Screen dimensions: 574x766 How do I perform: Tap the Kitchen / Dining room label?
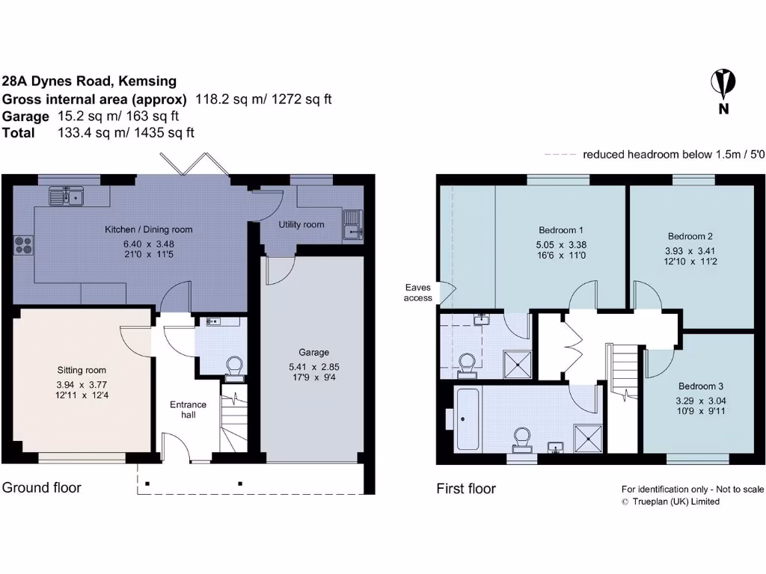pos(148,229)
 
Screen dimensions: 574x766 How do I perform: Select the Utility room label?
pos(301,224)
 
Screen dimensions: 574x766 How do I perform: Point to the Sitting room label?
pos(82,370)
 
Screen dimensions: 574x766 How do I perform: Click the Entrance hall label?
pos(188,409)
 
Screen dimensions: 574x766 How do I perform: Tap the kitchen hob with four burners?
pos(22,244)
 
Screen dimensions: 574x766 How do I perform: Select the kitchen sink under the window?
pos(67,197)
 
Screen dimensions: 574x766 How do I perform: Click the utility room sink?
pos(351,225)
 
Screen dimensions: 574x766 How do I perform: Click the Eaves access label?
pos(418,292)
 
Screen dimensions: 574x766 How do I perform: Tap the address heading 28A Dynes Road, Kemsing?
pos(89,81)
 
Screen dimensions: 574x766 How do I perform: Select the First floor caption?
pos(466,489)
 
